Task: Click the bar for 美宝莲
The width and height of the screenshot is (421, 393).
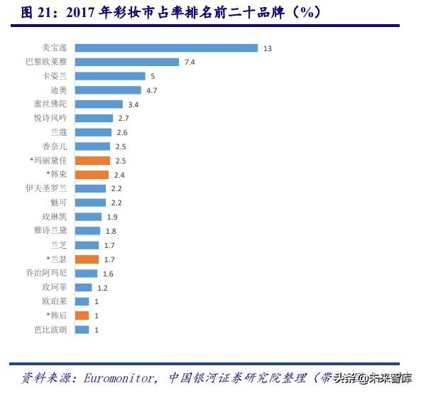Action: click(165, 48)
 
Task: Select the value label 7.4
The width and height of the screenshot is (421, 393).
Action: click(190, 63)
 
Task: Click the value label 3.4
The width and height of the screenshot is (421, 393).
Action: click(133, 104)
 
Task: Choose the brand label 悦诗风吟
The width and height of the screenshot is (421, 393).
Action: click(50, 118)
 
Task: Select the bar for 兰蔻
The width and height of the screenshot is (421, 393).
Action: click(93, 132)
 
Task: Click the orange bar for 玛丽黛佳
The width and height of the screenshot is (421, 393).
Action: click(92, 161)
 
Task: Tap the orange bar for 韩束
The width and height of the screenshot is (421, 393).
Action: click(92, 175)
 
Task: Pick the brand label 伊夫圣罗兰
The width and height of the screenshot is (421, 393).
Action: click(46, 188)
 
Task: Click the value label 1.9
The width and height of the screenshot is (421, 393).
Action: click(111, 217)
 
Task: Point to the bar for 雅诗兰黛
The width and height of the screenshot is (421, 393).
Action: click(87, 231)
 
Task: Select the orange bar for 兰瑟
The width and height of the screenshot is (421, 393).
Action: click(87, 259)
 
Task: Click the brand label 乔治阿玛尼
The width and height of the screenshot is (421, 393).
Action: click(46, 273)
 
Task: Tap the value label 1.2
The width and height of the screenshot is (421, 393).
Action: click(102, 287)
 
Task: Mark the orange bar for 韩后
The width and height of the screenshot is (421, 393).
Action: click(82, 316)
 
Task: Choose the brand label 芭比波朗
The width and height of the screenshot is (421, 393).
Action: click(50, 330)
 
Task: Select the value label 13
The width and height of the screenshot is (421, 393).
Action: click(267, 48)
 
